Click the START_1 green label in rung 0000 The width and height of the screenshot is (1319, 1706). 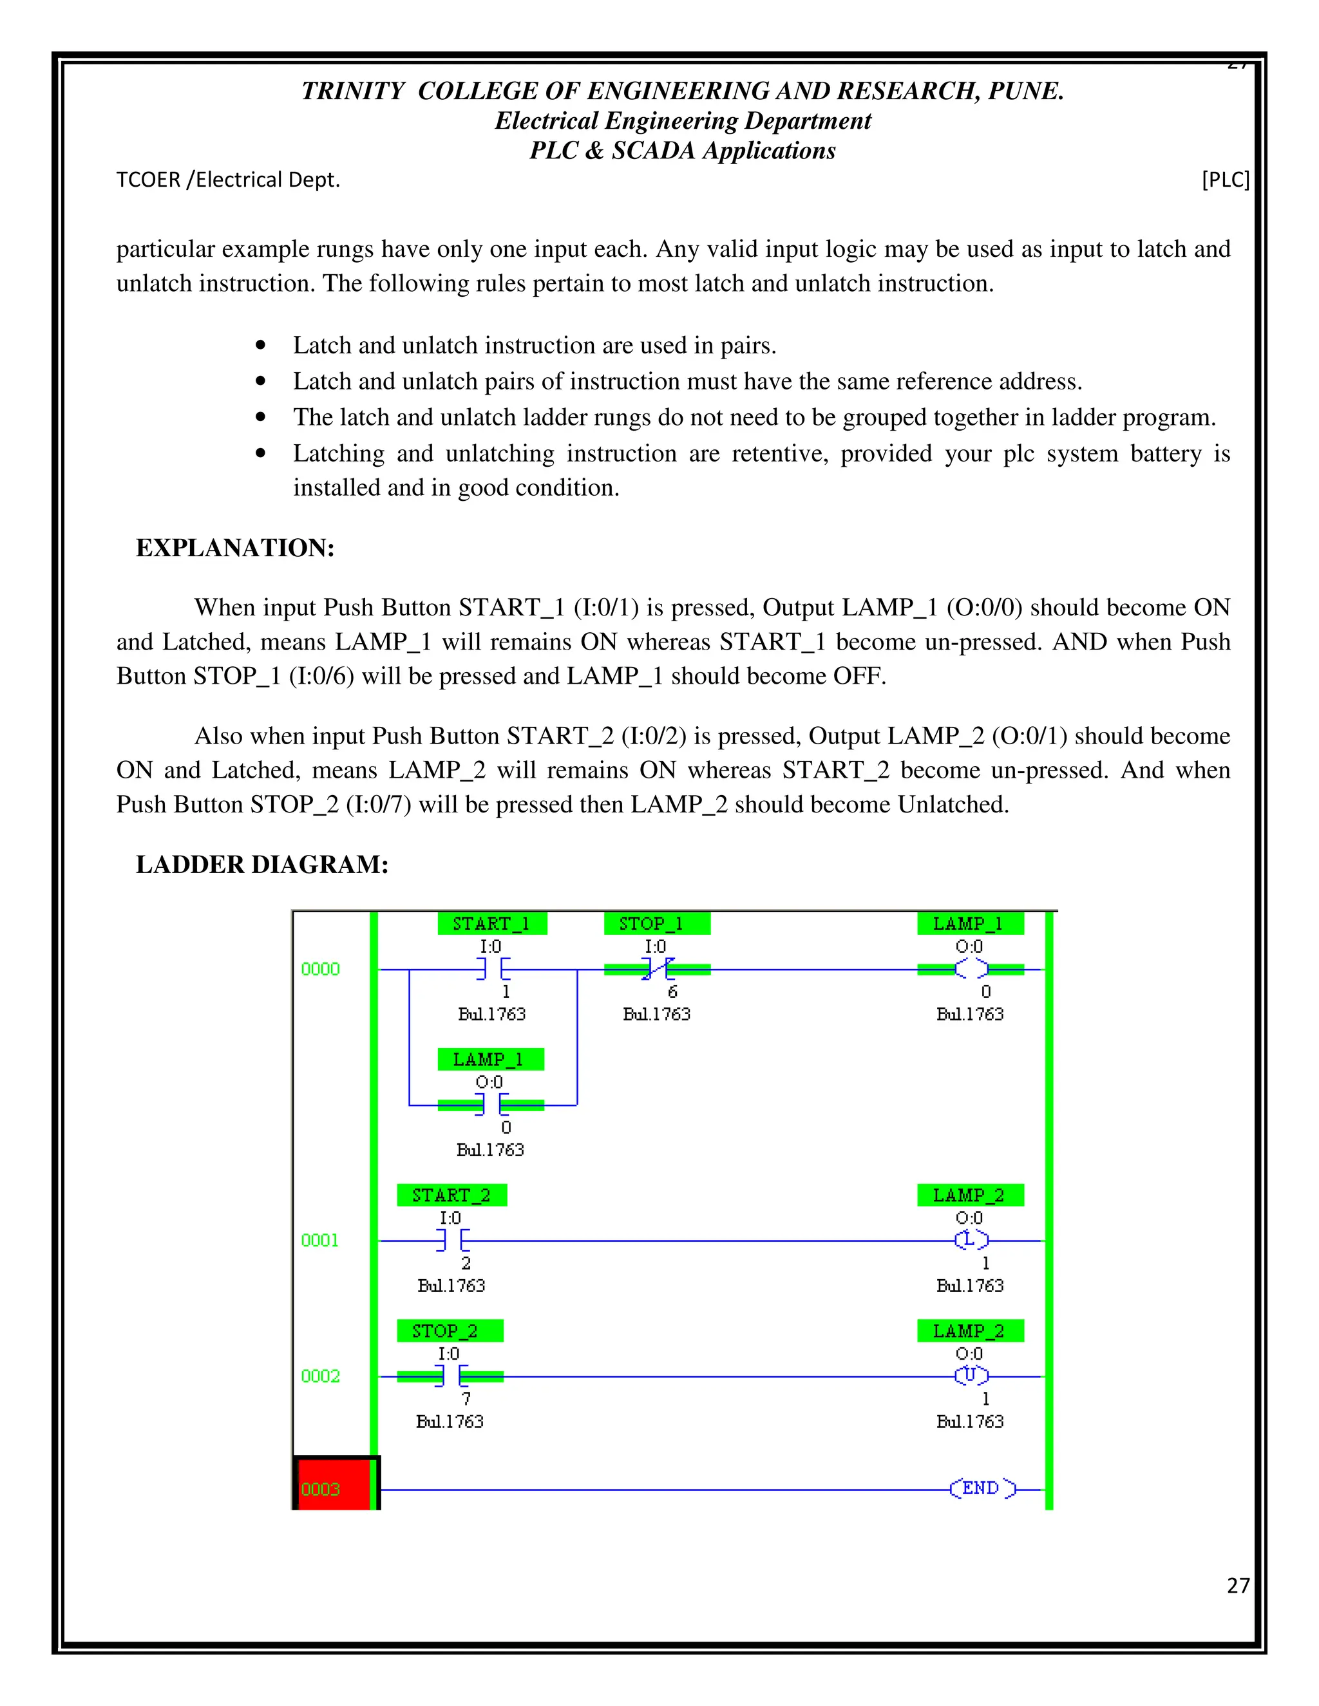(491, 923)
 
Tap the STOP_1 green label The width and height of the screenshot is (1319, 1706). (656, 923)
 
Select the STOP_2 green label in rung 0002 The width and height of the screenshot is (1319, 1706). (450, 1330)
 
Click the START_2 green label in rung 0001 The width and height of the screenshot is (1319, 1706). (451, 1194)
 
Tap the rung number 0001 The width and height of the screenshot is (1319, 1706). (319, 1241)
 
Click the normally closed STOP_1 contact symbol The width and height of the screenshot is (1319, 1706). (657, 970)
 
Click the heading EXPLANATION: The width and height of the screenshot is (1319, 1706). (235, 548)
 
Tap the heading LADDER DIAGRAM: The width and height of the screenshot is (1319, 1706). (261, 864)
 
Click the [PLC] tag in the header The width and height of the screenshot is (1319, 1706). (1224, 180)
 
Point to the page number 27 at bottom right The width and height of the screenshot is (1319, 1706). (1238, 1585)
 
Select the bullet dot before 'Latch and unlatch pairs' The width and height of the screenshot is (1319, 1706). (261, 381)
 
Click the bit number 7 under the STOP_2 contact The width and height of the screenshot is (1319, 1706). (466, 1399)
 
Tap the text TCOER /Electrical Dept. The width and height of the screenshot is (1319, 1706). (228, 180)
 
